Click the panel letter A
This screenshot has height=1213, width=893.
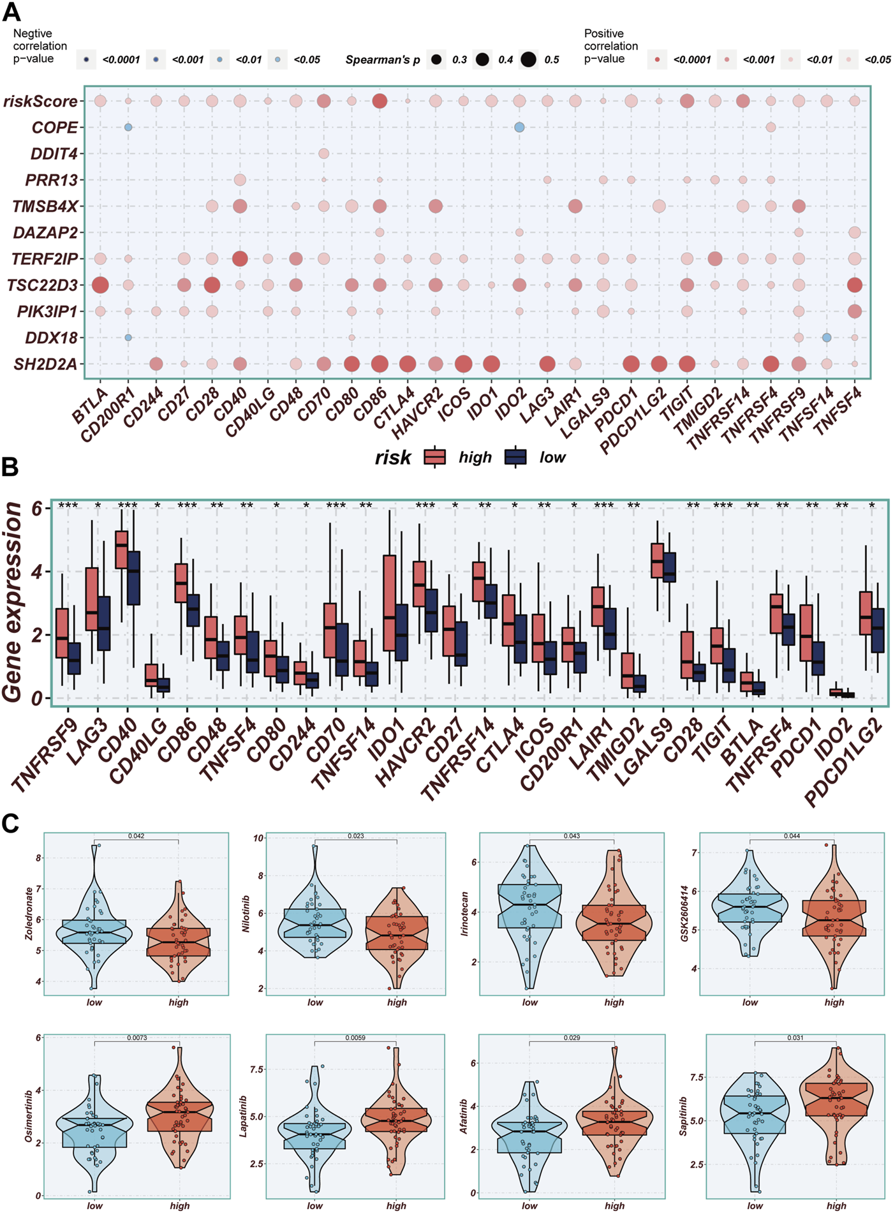(x=11, y=11)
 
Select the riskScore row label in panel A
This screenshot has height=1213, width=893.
(x=40, y=101)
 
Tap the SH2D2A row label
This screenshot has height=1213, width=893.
(x=45, y=364)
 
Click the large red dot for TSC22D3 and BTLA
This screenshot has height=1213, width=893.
(x=100, y=285)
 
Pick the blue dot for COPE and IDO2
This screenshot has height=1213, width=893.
(x=519, y=128)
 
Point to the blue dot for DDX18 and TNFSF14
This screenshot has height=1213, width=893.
(x=827, y=338)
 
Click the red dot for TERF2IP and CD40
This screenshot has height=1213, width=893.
(x=240, y=258)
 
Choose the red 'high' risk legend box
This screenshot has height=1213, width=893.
(x=435, y=457)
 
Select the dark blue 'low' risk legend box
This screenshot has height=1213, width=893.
(x=515, y=457)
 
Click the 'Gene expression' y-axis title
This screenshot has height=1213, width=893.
(x=13, y=602)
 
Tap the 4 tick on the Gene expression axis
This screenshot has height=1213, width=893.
(x=38, y=572)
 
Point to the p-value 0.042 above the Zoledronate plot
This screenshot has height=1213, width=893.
(x=136, y=836)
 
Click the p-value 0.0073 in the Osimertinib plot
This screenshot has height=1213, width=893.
(x=137, y=1038)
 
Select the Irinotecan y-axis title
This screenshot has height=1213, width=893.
(x=465, y=914)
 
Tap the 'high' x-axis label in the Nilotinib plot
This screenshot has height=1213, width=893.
(x=397, y=1002)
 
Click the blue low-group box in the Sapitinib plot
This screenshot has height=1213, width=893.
(x=755, y=1114)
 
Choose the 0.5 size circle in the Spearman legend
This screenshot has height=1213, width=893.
(x=528, y=60)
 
